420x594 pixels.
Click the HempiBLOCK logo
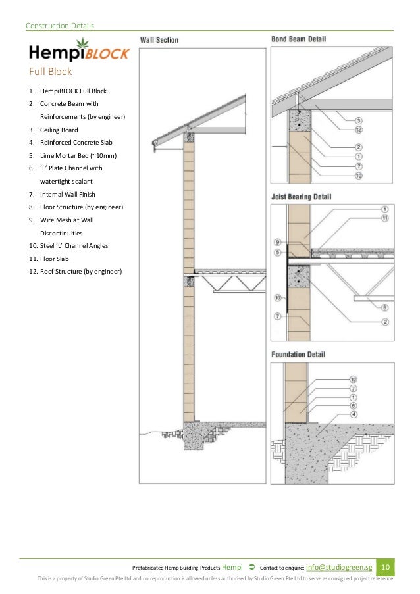[x=78, y=51]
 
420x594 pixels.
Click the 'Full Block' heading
[x=50, y=71]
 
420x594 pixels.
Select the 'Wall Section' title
[x=159, y=40]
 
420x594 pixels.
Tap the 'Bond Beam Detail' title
[x=298, y=39]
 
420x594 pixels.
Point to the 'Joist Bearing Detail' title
[x=301, y=196]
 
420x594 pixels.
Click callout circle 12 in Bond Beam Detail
[x=377, y=130]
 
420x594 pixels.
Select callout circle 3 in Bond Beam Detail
[x=377, y=120]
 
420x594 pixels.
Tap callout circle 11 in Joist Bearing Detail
[x=384, y=218]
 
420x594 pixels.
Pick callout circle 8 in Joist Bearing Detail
[x=384, y=307]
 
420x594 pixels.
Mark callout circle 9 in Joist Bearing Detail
[x=278, y=242]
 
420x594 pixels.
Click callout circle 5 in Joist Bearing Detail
[x=278, y=252]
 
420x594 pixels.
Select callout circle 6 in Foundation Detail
[x=354, y=405]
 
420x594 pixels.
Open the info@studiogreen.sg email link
[x=340, y=567]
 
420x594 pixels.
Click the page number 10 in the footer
[x=386, y=567]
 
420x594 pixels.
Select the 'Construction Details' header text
[x=59, y=26]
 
